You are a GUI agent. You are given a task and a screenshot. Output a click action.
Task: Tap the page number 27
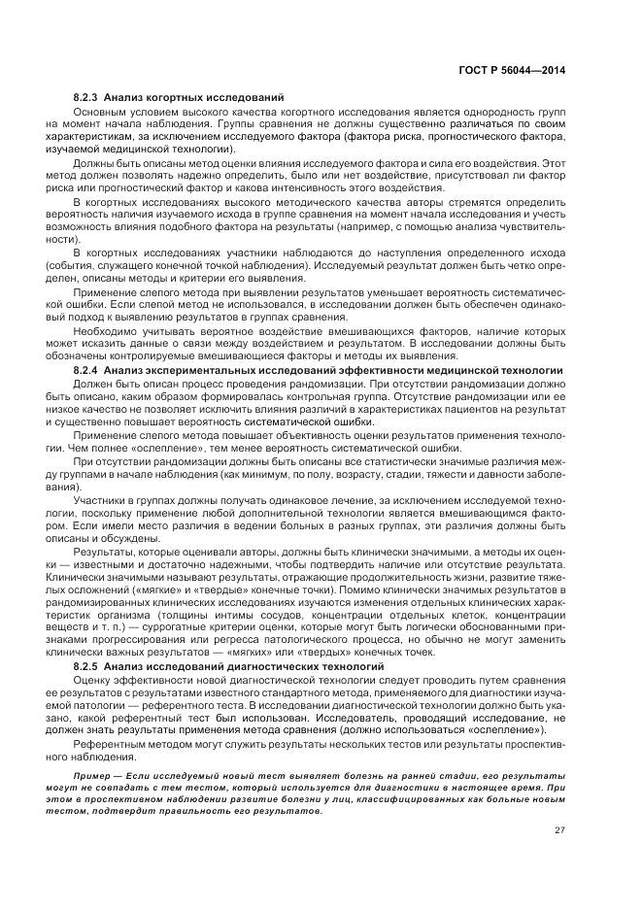point(559,828)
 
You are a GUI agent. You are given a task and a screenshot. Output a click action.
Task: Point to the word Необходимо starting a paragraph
point(107,330)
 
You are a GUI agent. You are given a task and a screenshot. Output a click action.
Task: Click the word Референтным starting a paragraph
point(110,744)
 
